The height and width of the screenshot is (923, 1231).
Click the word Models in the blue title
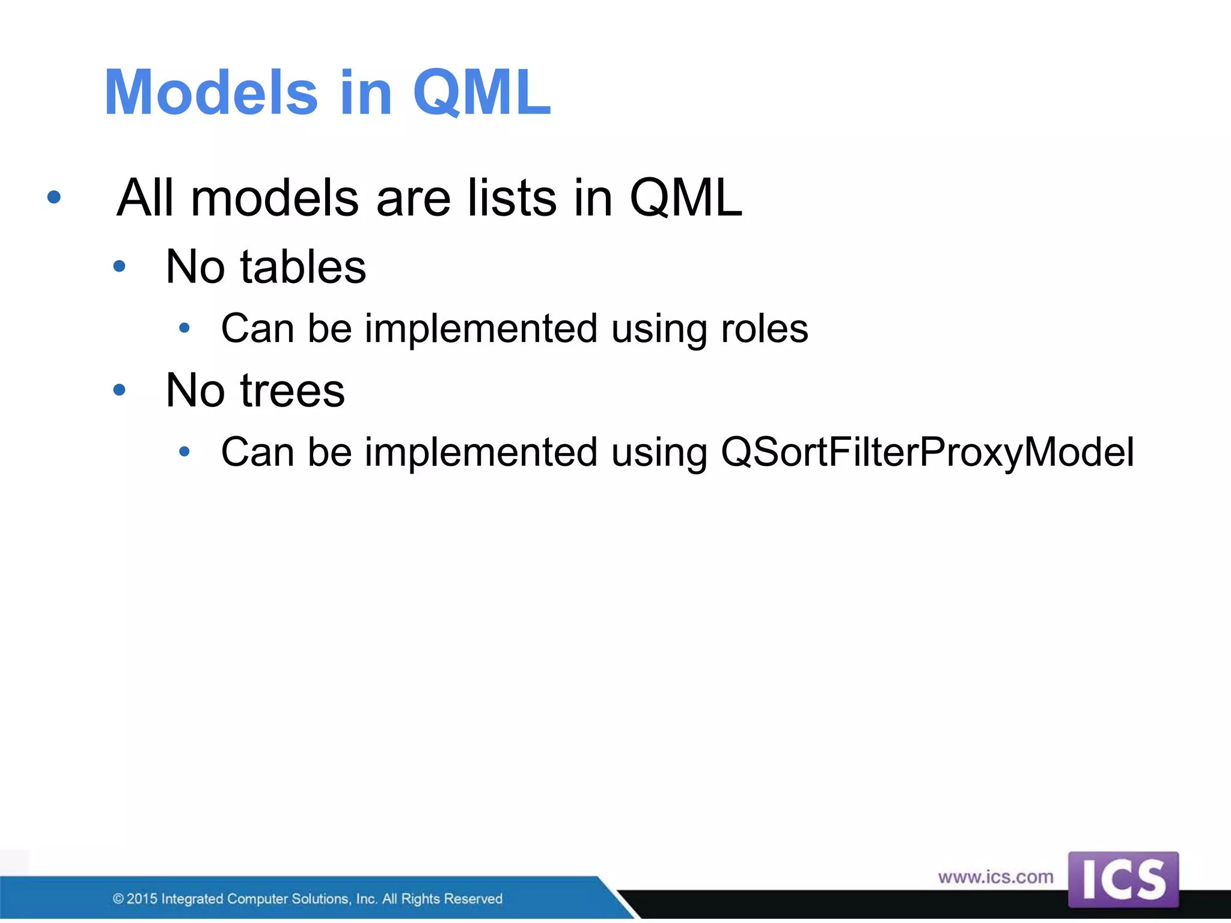(x=210, y=93)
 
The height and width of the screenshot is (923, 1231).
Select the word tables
(x=303, y=267)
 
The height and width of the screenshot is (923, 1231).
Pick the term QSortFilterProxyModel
(x=927, y=452)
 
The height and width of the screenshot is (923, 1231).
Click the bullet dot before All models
(x=54, y=197)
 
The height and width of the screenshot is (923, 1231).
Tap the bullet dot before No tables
(x=120, y=266)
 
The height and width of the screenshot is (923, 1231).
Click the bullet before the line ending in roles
(x=185, y=328)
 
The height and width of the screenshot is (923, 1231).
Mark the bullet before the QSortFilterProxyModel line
(x=185, y=451)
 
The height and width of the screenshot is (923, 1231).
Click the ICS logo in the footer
(x=1123, y=880)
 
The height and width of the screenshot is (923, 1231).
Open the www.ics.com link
(x=995, y=877)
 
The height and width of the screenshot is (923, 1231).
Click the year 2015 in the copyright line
(x=142, y=899)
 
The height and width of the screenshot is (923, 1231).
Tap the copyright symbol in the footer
(x=118, y=899)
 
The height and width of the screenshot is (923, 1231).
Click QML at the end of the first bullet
(x=686, y=198)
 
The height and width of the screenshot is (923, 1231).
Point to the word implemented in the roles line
(x=481, y=329)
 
